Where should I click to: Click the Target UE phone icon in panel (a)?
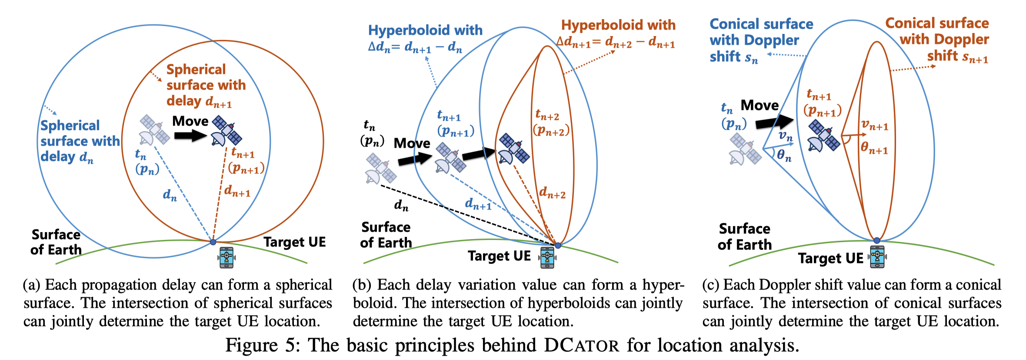227,257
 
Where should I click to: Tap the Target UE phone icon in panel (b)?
547,257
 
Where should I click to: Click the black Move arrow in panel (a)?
190,136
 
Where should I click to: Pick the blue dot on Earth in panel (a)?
213,242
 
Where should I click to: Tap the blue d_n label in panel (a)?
170,195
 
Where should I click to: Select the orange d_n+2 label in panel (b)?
552,192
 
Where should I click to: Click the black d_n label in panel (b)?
401,205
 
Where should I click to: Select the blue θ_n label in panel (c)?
784,154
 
